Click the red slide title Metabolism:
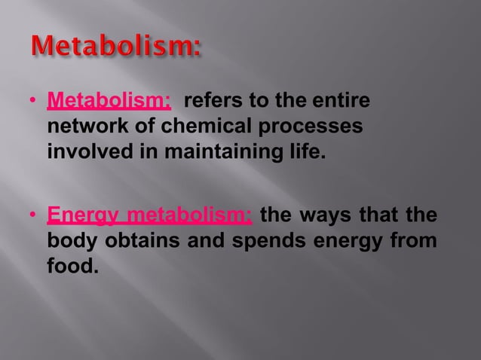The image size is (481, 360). point(117,49)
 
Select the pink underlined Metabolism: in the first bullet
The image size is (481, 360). point(109,102)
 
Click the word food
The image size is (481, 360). point(72,267)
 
